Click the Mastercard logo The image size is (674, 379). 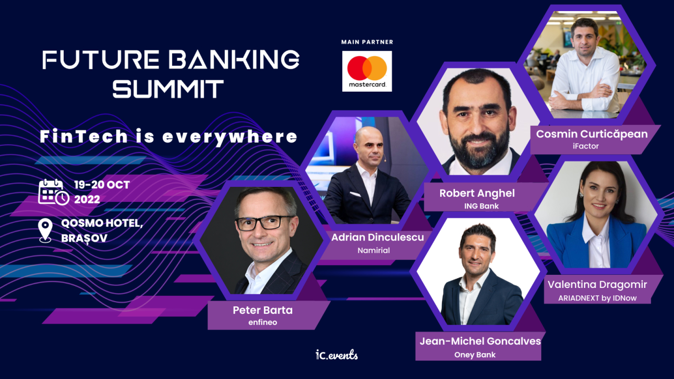(x=367, y=71)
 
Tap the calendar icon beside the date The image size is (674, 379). (x=53, y=192)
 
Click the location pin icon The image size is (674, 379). (x=46, y=231)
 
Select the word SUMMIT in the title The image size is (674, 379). (x=168, y=88)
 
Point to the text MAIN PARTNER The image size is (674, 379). (x=367, y=42)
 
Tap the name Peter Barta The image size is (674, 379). (x=262, y=310)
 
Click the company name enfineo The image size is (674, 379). (x=262, y=322)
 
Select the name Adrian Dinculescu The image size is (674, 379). (x=378, y=237)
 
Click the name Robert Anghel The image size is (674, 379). (x=477, y=193)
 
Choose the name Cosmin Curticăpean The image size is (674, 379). (x=591, y=134)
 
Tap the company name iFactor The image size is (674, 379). (x=585, y=146)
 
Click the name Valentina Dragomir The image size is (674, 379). (x=597, y=285)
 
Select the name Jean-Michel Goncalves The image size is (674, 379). (x=480, y=341)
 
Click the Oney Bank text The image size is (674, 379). (x=475, y=354)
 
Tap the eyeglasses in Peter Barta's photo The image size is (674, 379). (x=265, y=222)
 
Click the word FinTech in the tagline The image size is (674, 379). (x=84, y=137)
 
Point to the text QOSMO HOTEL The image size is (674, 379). (x=102, y=223)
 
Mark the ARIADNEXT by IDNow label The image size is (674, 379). (x=597, y=297)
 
